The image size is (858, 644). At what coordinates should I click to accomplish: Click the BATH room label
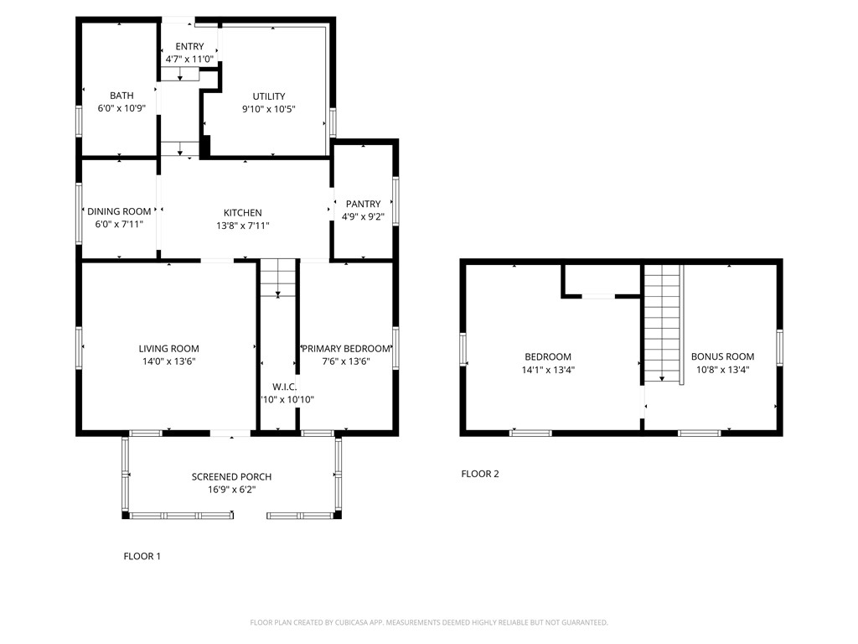(x=121, y=96)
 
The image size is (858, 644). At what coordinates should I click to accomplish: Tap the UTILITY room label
(x=269, y=96)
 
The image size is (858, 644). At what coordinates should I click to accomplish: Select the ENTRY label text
(x=189, y=46)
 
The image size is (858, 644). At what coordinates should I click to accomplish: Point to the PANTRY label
(x=363, y=204)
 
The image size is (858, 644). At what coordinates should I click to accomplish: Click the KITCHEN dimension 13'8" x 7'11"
(x=242, y=226)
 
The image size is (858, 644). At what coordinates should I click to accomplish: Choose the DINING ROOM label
(x=119, y=211)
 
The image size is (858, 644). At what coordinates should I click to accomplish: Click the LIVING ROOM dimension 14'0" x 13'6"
(x=168, y=361)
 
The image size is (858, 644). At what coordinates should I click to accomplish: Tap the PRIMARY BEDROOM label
(x=346, y=349)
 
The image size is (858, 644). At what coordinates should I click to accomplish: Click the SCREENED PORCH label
(x=231, y=476)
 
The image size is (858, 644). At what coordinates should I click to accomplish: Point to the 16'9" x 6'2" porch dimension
(x=231, y=490)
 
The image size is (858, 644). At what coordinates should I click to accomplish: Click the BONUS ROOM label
(x=722, y=356)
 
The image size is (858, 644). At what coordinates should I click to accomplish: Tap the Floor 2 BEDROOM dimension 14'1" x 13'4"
(x=548, y=370)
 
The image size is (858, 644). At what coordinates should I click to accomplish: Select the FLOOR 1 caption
(x=142, y=556)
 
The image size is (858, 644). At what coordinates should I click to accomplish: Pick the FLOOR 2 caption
(x=480, y=474)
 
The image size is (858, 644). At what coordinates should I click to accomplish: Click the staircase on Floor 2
(x=663, y=323)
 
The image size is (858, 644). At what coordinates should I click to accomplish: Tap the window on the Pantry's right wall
(x=395, y=201)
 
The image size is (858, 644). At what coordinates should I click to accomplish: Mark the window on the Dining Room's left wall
(x=80, y=213)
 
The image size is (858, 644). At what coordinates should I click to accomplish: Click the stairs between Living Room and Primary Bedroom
(x=277, y=278)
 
